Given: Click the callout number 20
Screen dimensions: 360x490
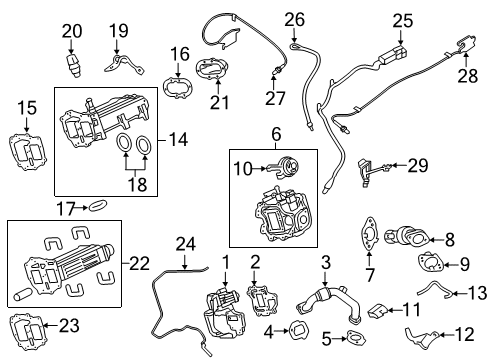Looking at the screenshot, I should click(70, 31).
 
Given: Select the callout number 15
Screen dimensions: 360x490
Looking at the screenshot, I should click(27, 107).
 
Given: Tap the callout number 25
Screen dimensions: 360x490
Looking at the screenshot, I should click(402, 19).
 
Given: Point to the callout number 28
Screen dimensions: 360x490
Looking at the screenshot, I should click(467, 75).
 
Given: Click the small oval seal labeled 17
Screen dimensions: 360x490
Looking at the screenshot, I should click(96, 207).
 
